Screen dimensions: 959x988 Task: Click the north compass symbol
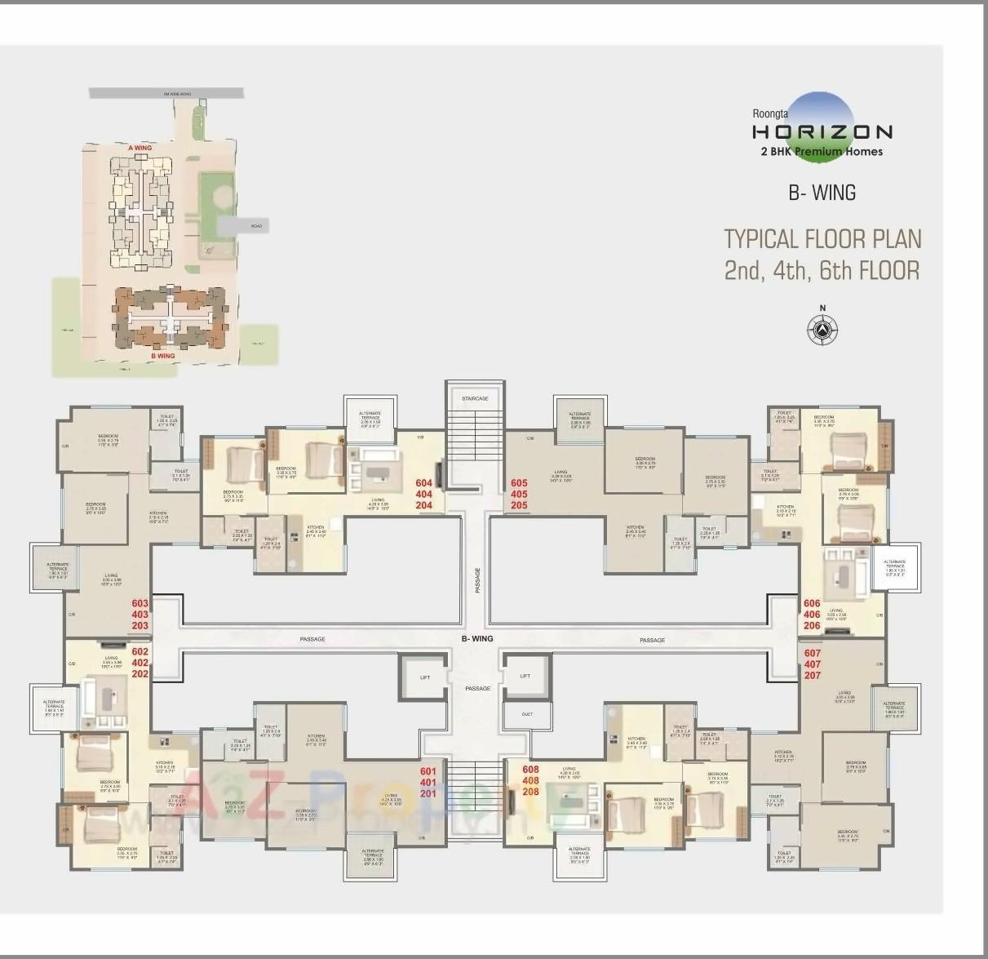(822, 329)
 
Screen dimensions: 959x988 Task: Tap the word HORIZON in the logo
(822, 131)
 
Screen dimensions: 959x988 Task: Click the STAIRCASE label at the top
(475, 398)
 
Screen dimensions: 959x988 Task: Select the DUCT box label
(527, 714)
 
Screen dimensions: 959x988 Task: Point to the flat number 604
(424, 483)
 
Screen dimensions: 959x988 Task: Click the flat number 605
(519, 483)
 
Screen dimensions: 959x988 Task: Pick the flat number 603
(140, 604)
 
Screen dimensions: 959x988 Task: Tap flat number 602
(140, 651)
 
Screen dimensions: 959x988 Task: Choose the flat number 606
(812, 604)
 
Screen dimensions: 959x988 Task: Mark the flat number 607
(813, 654)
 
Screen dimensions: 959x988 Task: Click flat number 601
(428, 771)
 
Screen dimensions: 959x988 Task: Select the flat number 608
(530, 770)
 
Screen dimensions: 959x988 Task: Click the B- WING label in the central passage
(477, 639)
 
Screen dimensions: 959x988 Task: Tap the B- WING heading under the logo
(822, 193)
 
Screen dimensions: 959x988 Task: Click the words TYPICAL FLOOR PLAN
(822, 239)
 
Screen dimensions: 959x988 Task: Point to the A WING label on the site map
(140, 148)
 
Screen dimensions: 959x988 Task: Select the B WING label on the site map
(163, 356)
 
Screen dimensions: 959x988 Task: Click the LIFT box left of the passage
(424, 677)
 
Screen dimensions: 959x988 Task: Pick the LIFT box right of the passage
(525, 676)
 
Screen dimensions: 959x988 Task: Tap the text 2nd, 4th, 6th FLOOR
(822, 270)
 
